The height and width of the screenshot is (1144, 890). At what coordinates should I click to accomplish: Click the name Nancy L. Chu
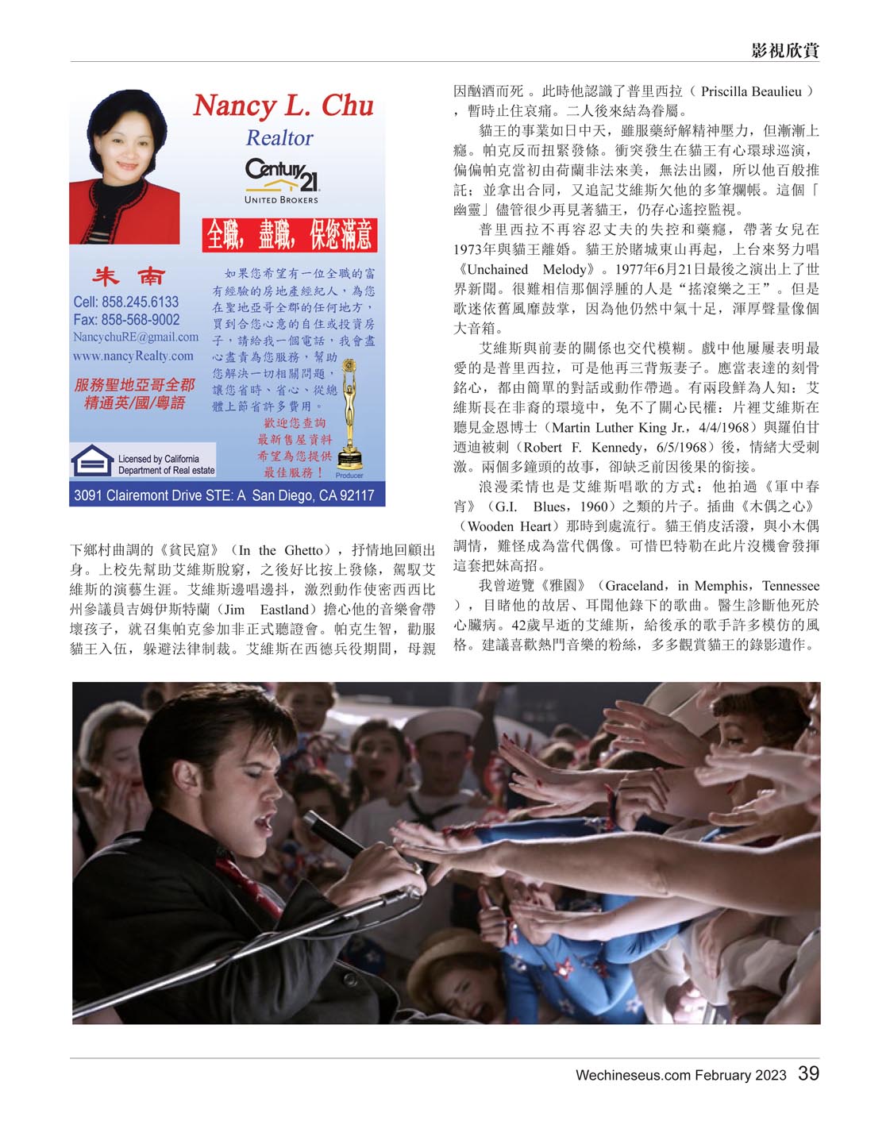pyautogui.click(x=283, y=106)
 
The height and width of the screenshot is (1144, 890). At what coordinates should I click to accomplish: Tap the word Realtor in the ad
pyautogui.click(x=279, y=138)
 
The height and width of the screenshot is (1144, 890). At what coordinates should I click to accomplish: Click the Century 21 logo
pyautogui.click(x=282, y=175)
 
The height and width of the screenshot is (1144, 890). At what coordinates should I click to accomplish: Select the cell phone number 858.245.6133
pyautogui.click(x=126, y=302)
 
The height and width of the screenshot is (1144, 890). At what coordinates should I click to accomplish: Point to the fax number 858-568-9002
pyautogui.click(x=126, y=320)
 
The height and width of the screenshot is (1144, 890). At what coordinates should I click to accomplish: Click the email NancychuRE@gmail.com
pyautogui.click(x=136, y=337)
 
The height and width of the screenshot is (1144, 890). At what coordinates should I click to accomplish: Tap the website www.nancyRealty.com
pyautogui.click(x=133, y=356)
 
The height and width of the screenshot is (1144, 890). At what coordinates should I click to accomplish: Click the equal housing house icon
pyautogui.click(x=91, y=460)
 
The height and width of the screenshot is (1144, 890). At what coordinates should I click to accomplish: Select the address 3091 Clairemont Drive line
pyautogui.click(x=224, y=495)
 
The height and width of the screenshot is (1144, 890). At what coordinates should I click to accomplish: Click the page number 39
pyautogui.click(x=808, y=1073)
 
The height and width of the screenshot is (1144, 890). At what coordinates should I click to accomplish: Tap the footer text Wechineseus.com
pyautogui.click(x=633, y=1075)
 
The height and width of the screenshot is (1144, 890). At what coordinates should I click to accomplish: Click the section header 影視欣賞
pyautogui.click(x=784, y=51)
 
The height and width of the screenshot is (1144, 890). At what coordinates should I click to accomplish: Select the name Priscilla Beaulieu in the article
pyautogui.click(x=751, y=91)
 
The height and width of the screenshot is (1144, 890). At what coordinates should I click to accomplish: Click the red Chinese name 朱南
pyautogui.click(x=128, y=276)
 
